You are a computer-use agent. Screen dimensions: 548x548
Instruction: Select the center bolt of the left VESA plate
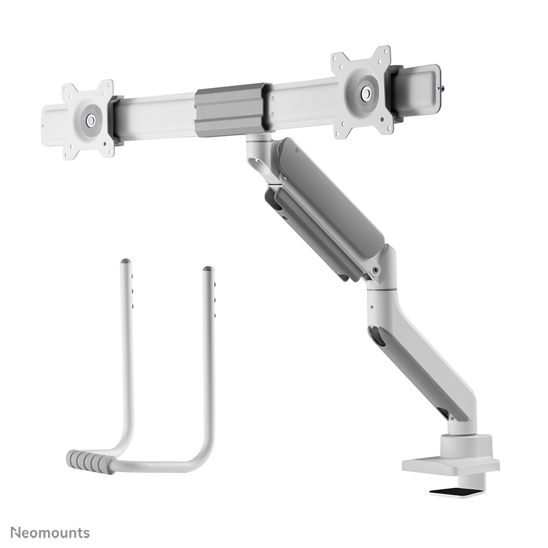[91, 119]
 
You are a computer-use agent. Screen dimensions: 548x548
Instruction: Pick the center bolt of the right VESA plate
[365, 92]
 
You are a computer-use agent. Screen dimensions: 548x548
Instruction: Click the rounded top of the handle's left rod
[125, 263]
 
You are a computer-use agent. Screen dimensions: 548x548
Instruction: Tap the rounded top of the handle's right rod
[208, 270]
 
